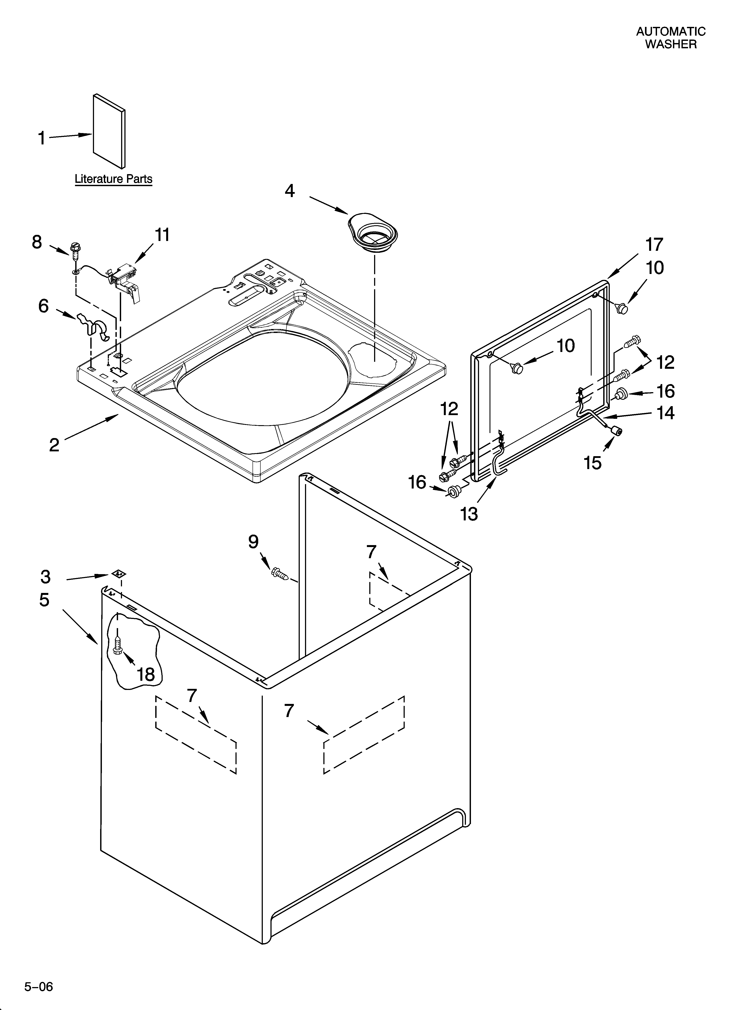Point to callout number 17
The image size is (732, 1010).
[x=654, y=244]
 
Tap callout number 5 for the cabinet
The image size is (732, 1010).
[x=44, y=599]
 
